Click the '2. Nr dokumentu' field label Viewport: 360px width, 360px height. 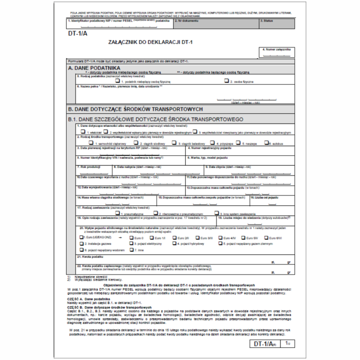coord(186,21)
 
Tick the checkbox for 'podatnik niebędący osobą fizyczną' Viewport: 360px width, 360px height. coord(117,81)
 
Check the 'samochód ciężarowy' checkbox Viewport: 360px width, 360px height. coord(91,143)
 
